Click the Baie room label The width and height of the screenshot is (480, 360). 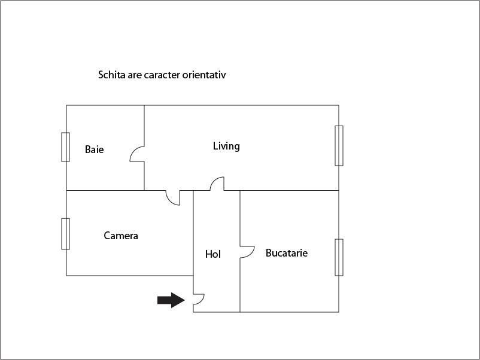tap(95, 150)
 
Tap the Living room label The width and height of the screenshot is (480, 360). tap(226, 146)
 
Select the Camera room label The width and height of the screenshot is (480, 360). tap(121, 236)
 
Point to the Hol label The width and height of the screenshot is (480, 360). tap(212, 254)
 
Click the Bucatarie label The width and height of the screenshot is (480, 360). tap(287, 253)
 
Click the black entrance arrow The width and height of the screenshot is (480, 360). tap(171, 300)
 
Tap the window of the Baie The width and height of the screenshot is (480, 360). tap(65, 147)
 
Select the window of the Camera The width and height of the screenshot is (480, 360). tap(65, 234)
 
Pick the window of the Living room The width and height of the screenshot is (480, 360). tap(339, 145)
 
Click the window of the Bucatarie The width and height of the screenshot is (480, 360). tap(339, 257)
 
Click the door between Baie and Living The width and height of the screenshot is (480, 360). tap(137, 154)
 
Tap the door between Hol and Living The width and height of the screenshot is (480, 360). tap(217, 184)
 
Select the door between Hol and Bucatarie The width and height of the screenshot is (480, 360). tap(247, 252)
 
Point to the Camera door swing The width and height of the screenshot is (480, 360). tap(173, 197)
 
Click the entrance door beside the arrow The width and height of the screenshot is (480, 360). tap(199, 299)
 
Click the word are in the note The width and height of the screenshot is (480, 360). tap(135, 75)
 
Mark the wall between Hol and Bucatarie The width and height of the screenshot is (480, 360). tap(240, 251)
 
